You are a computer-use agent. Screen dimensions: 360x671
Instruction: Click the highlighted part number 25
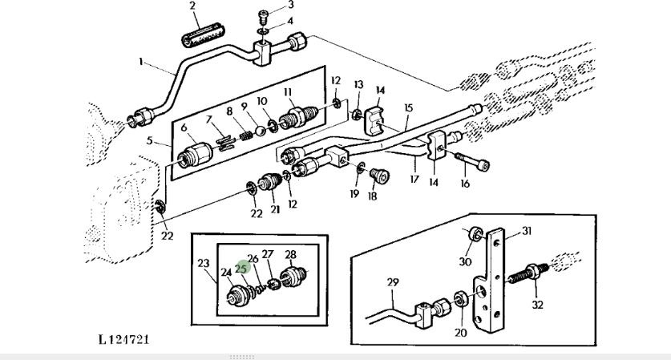click(x=241, y=269)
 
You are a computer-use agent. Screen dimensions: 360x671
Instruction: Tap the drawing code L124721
click(x=123, y=340)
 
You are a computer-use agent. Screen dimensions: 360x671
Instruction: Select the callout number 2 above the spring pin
click(x=192, y=6)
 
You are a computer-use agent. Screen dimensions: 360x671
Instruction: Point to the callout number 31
click(x=526, y=232)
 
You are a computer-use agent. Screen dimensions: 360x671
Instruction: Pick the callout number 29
click(x=392, y=282)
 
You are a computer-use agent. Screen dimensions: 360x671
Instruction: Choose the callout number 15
click(x=408, y=107)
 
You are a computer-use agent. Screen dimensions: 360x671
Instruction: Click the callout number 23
click(x=203, y=262)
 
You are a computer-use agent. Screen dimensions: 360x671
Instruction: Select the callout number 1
click(x=143, y=61)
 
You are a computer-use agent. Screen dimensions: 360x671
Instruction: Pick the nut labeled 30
click(x=475, y=235)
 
